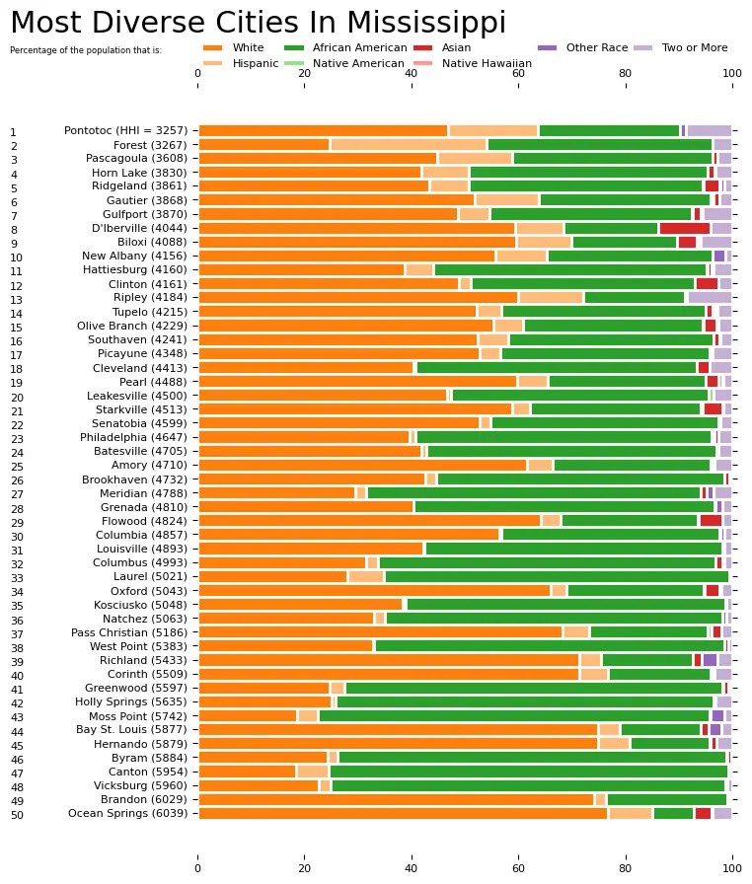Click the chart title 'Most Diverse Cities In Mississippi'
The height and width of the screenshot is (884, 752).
258,23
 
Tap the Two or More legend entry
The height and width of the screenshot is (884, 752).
695,47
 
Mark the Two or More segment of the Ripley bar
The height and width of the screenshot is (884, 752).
709,297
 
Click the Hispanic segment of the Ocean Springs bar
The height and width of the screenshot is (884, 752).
631,813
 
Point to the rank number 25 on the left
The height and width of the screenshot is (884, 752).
14,466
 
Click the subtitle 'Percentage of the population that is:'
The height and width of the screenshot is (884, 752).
86,49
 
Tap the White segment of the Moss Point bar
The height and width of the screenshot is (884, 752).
248,715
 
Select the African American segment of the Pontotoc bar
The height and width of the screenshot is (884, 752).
609,130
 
